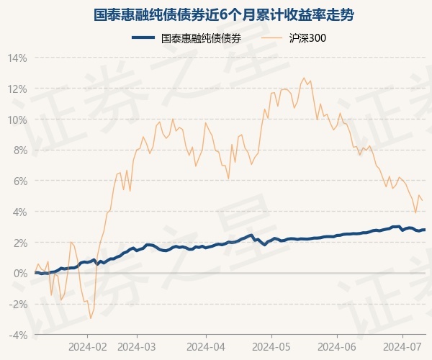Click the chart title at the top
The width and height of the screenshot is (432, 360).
tap(216, 14)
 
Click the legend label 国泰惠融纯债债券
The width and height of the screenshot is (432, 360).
tap(201, 38)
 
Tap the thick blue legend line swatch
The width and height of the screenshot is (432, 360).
tap(144, 38)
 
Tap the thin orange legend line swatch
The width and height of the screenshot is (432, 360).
tap(274, 38)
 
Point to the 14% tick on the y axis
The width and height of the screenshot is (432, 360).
tap(18, 58)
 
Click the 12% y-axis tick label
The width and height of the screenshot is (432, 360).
tap(18, 89)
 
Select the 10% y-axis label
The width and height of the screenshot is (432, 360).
tap(18, 120)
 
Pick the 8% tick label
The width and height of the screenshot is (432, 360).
tap(19, 150)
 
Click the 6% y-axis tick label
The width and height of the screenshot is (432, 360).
tap(19, 181)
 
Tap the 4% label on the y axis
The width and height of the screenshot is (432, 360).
tap(19, 212)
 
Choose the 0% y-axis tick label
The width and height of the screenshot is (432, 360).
tap(19, 274)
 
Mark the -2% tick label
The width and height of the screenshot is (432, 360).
tap(18, 305)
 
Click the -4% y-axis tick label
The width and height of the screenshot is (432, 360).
tap(18, 336)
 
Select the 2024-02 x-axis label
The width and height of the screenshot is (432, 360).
tap(87, 346)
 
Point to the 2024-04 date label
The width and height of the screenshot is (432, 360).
tap(206, 346)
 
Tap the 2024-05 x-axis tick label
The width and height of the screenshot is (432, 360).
tap(272, 346)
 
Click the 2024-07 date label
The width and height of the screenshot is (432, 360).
tap(404, 346)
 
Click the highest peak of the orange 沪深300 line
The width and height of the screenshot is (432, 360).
tap(304, 78)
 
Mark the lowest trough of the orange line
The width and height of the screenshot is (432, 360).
tap(90, 318)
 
